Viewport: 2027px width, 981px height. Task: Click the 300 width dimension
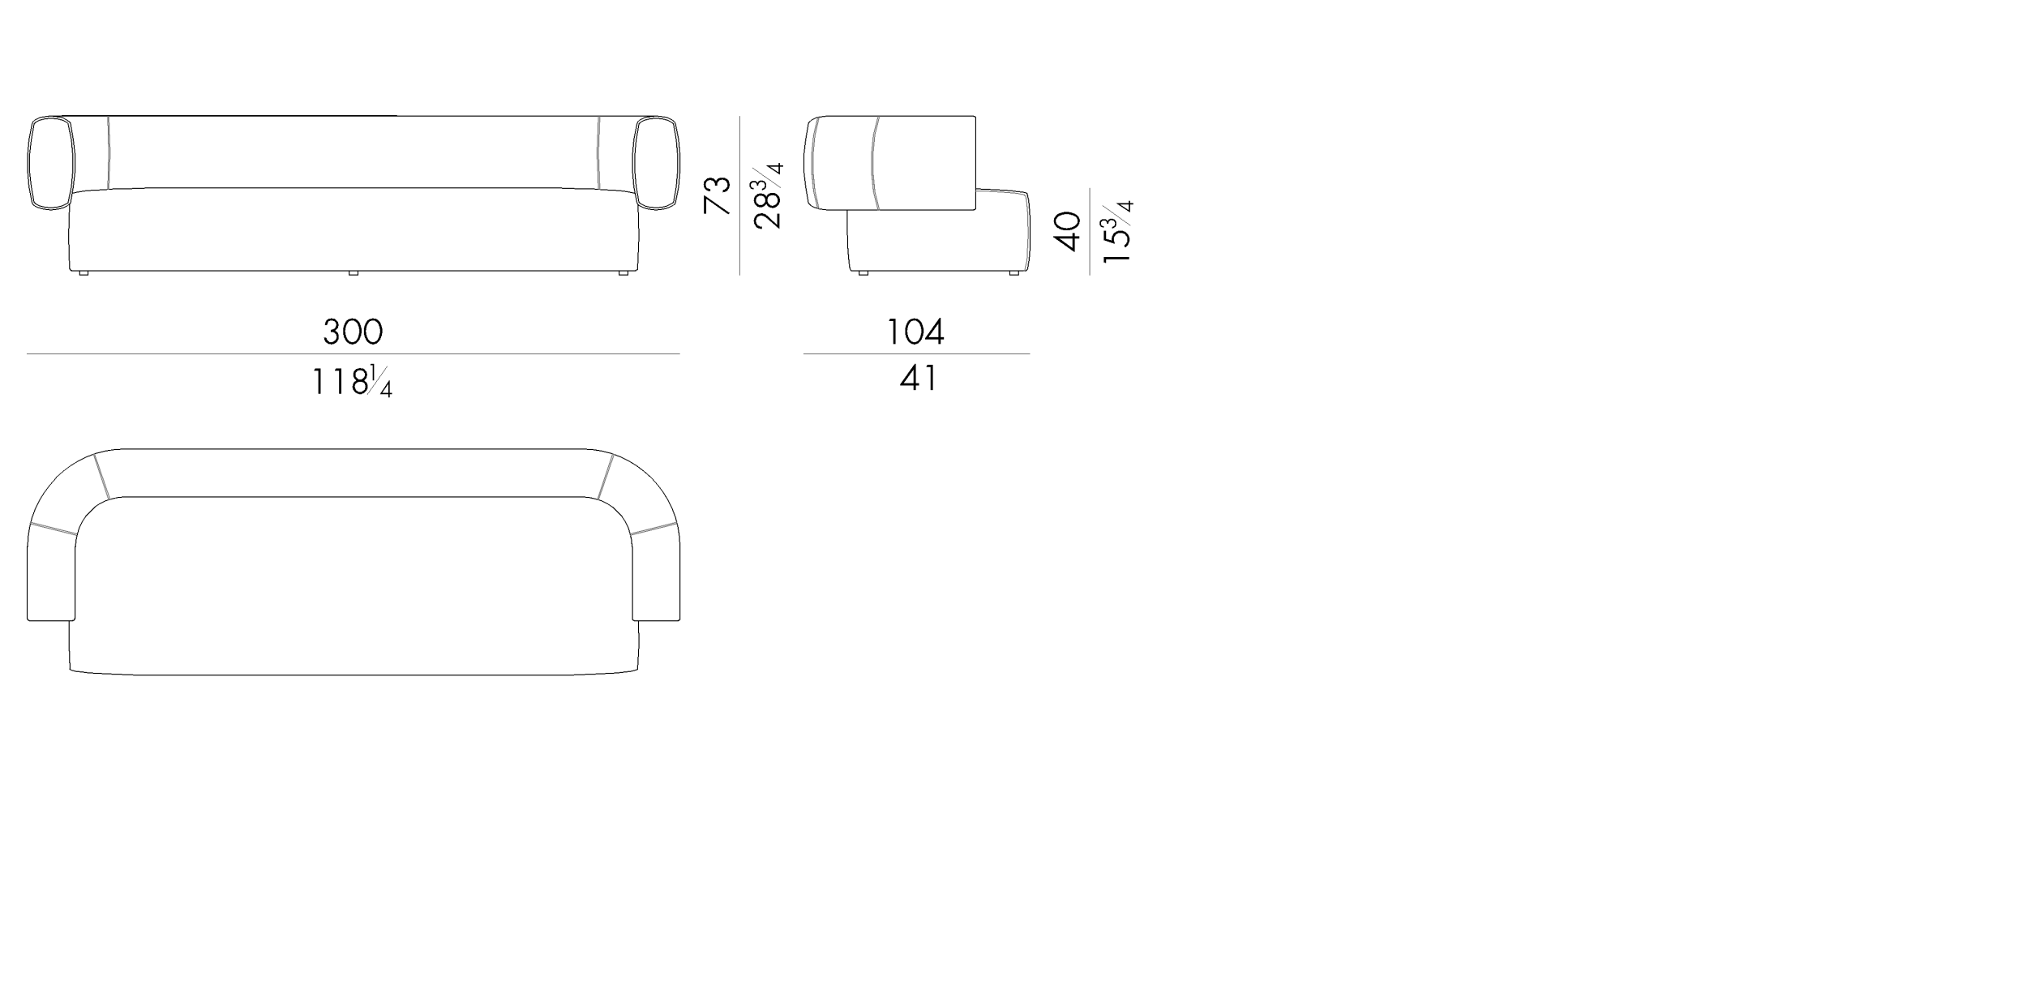tap(353, 331)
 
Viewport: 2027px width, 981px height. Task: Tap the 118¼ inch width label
tap(353, 381)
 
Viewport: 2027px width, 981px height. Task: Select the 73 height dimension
tap(718, 195)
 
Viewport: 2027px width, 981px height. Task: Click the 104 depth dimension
tap(915, 331)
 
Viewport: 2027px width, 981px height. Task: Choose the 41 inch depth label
tap(919, 378)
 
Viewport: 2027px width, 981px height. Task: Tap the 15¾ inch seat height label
tap(1117, 231)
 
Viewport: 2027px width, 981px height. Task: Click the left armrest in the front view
tap(51, 163)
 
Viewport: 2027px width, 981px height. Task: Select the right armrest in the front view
tap(656, 163)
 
